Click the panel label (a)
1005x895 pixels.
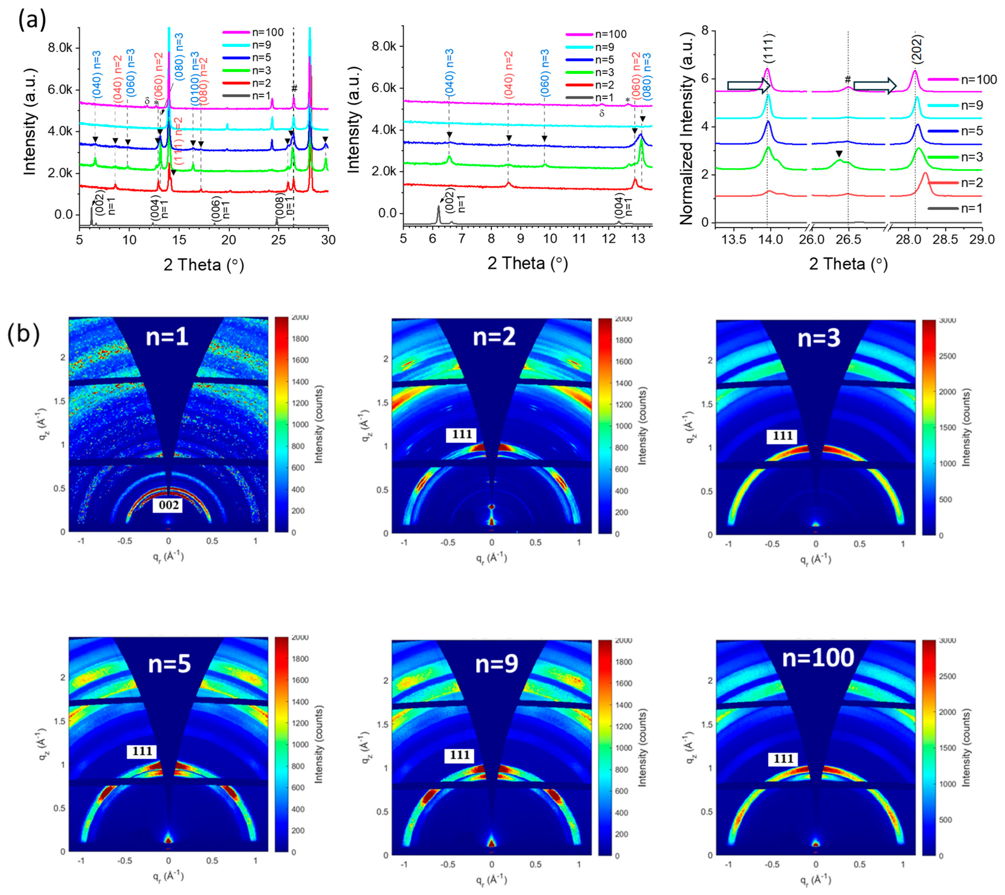tap(32, 21)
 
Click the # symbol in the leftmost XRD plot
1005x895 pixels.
tap(294, 89)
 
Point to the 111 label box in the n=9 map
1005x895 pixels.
tap(459, 755)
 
